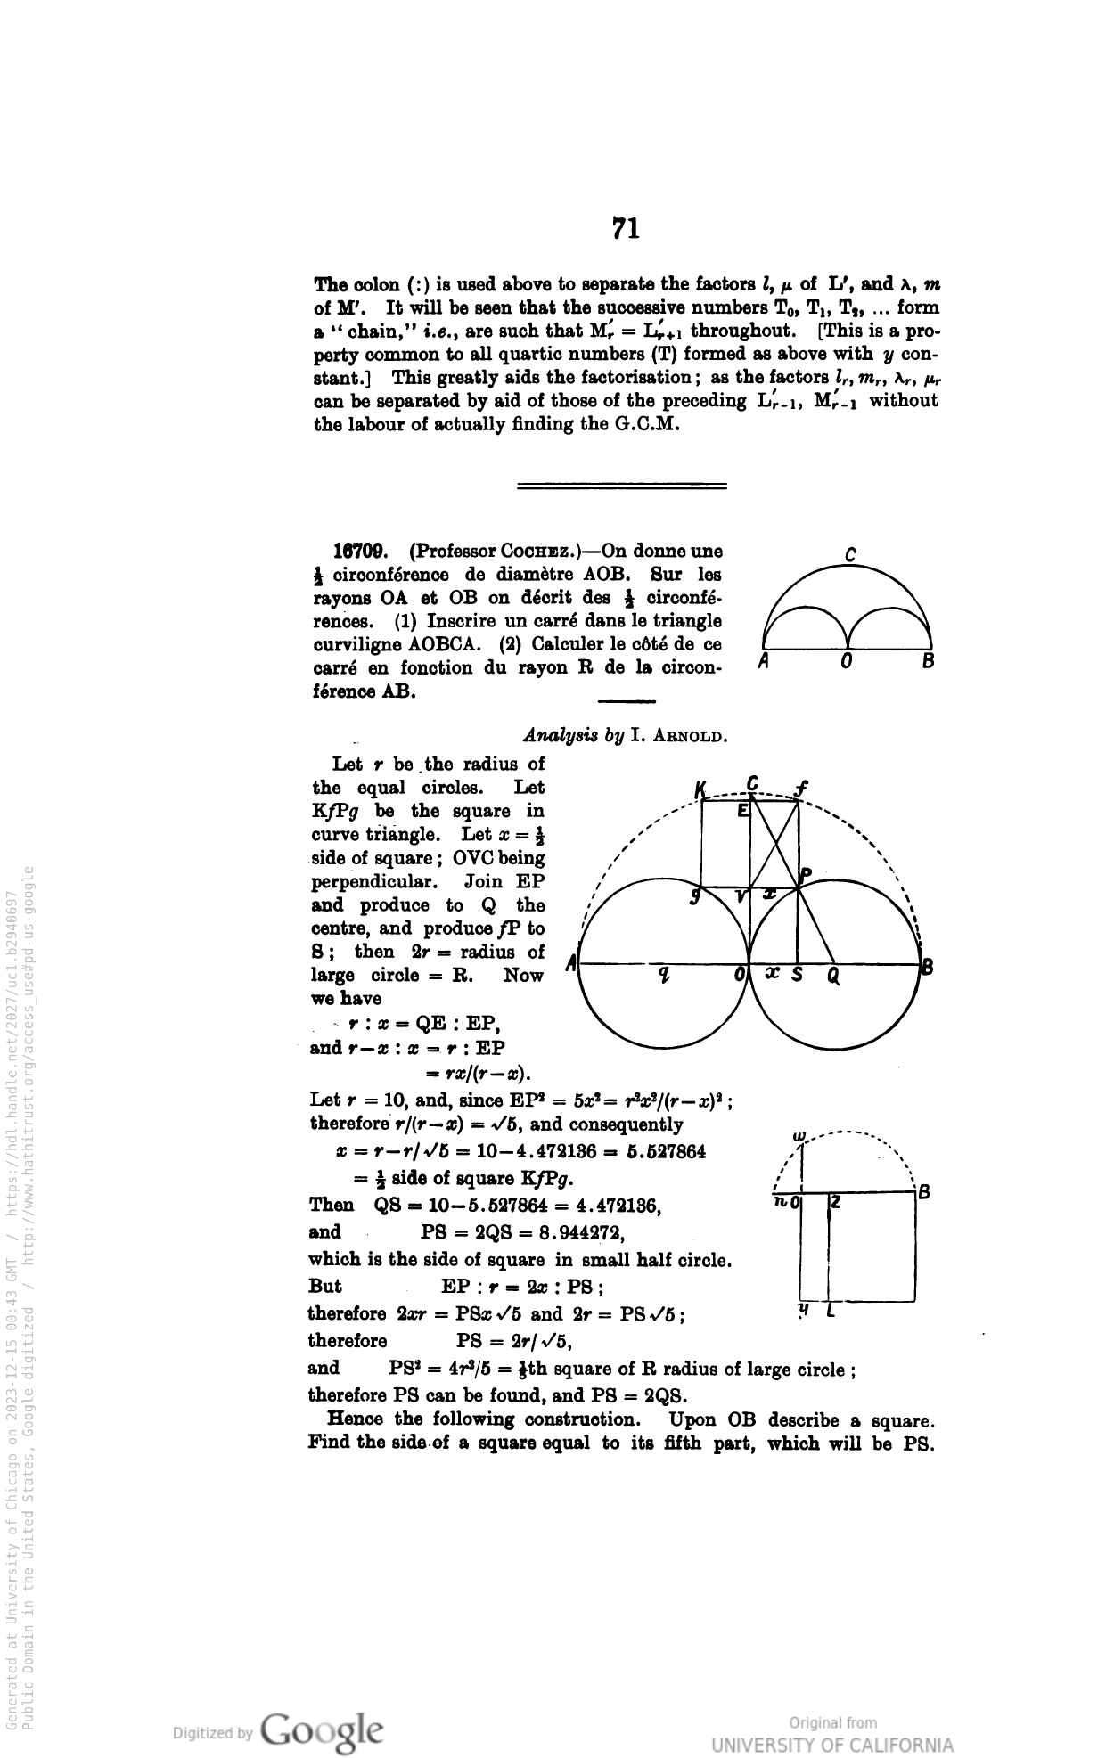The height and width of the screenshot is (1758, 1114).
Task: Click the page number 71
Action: coord(626,229)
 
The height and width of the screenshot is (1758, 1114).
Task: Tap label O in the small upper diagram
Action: coord(847,662)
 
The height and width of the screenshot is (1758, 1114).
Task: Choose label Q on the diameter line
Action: coord(833,976)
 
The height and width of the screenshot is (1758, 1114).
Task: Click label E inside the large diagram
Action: coord(742,812)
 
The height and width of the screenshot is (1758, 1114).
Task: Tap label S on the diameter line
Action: coord(798,976)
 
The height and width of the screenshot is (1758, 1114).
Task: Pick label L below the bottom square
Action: coord(831,1312)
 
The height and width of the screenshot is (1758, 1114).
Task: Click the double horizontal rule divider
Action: coord(622,486)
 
